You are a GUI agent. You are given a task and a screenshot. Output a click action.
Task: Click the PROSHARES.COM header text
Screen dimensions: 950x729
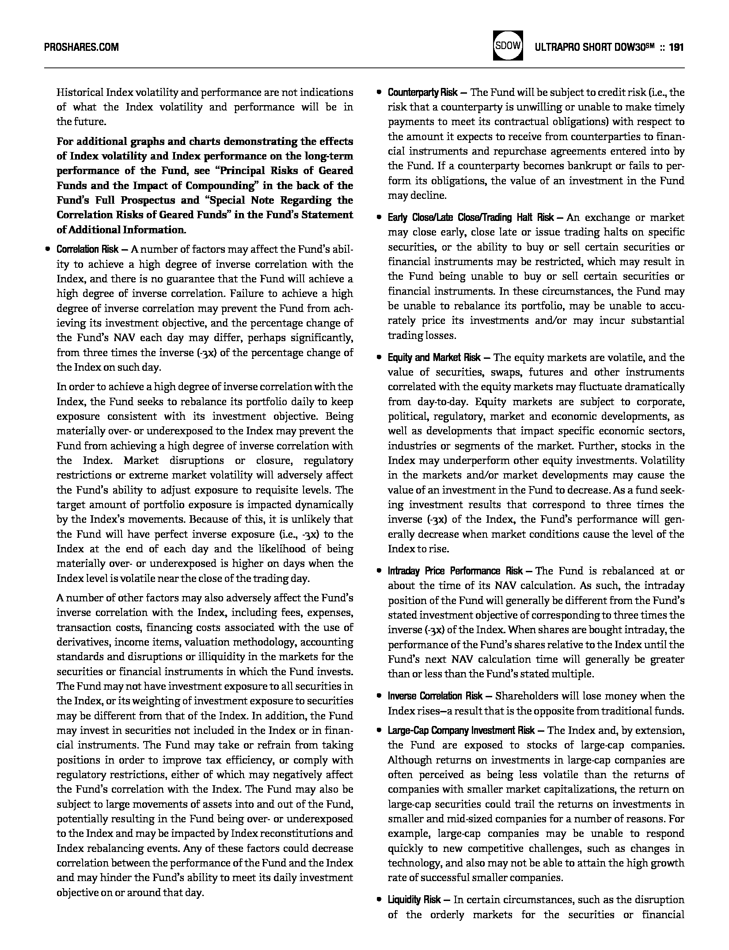click(82, 47)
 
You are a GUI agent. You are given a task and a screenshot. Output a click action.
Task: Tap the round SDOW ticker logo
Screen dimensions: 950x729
click(508, 45)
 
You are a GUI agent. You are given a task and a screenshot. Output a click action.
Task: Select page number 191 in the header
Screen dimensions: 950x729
click(676, 47)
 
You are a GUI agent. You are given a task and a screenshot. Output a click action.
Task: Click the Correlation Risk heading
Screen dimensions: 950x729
click(87, 250)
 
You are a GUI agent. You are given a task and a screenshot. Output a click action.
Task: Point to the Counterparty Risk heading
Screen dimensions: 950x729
click(422, 92)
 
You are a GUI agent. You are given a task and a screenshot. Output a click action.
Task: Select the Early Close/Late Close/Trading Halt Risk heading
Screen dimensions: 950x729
click(471, 217)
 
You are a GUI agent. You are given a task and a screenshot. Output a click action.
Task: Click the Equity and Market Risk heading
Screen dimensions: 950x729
click(434, 357)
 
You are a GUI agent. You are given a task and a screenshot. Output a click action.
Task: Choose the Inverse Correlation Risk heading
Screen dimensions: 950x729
click(435, 696)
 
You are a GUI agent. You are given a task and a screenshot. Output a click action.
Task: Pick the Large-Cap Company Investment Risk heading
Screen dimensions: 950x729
click(461, 730)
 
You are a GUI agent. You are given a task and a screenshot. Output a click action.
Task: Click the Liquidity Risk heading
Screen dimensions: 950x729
click(414, 900)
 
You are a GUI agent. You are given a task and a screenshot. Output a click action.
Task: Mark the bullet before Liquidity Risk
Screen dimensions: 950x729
click(379, 900)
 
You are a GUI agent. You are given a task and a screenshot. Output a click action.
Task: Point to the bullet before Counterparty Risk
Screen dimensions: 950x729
click(379, 92)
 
